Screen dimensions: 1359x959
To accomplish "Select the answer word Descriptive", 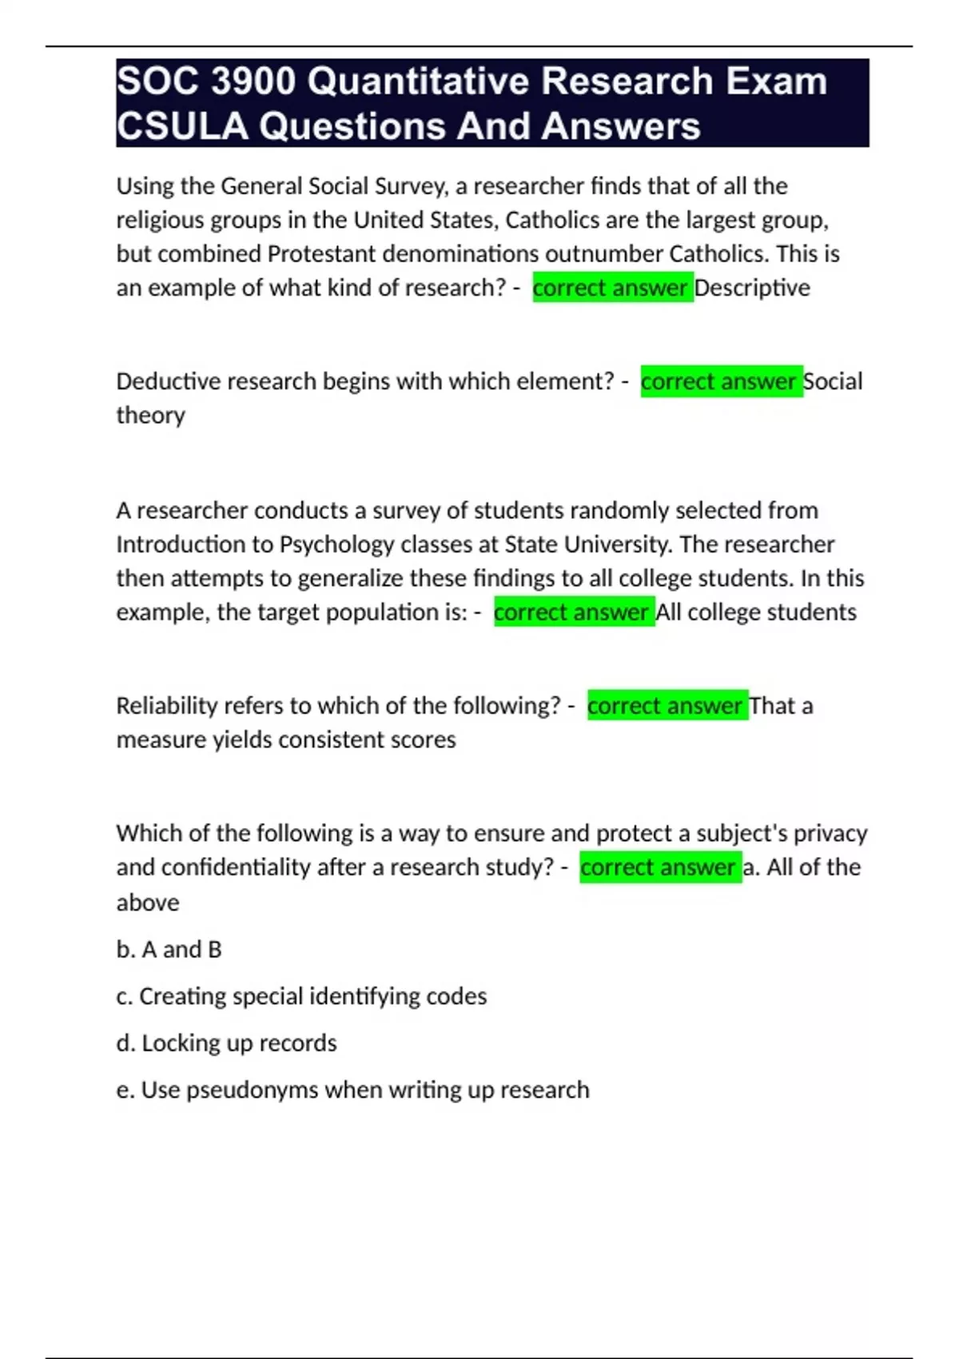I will (752, 288).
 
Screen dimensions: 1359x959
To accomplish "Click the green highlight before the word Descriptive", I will (612, 288).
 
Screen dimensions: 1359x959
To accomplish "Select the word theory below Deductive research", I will (150, 416).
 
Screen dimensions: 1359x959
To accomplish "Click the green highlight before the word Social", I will (721, 381).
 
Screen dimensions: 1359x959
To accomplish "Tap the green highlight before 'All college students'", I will (574, 612).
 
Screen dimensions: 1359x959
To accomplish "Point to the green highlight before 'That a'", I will (667, 706).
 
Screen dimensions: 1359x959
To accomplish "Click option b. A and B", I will (169, 950).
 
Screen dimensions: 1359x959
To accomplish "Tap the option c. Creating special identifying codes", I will (301, 996).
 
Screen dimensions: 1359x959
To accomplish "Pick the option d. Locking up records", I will (226, 1043).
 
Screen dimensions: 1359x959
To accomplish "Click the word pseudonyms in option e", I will (252, 1090).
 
